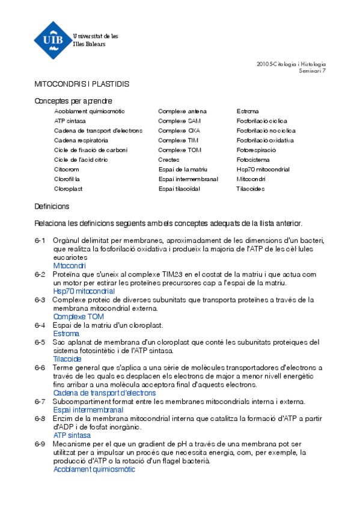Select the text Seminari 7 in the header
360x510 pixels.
click(x=313, y=71)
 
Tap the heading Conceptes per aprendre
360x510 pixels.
click(x=73, y=101)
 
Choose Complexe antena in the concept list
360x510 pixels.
click(x=182, y=111)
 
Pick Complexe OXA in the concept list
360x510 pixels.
click(x=179, y=131)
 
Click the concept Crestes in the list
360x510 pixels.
click(x=168, y=159)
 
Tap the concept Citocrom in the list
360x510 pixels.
click(x=66, y=170)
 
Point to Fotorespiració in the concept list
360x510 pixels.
click(x=256, y=150)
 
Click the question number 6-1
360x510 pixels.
click(x=40, y=241)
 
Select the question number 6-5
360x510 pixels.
click(x=40, y=342)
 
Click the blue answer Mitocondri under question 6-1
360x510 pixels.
click(x=69, y=265)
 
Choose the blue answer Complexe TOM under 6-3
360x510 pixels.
click(x=78, y=316)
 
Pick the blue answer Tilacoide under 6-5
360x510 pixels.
click(x=67, y=358)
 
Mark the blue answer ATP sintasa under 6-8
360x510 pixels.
click(x=72, y=435)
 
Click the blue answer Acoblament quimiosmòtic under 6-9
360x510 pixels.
click(x=94, y=469)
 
